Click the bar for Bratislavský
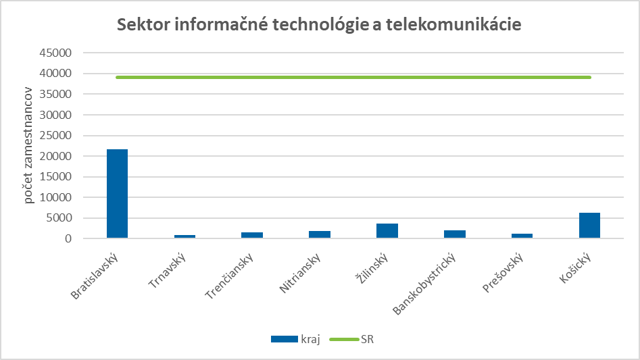click(x=117, y=194)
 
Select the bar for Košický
click(x=589, y=226)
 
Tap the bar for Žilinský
click(x=387, y=231)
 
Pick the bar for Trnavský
click(x=184, y=236)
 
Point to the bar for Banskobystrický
click(x=455, y=234)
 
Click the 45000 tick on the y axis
click(x=59, y=53)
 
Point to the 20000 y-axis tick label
click(x=59, y=156)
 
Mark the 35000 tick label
click(x=59, y=94)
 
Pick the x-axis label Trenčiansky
click(x=230, y=276)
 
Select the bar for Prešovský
click(x=522, y=236)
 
